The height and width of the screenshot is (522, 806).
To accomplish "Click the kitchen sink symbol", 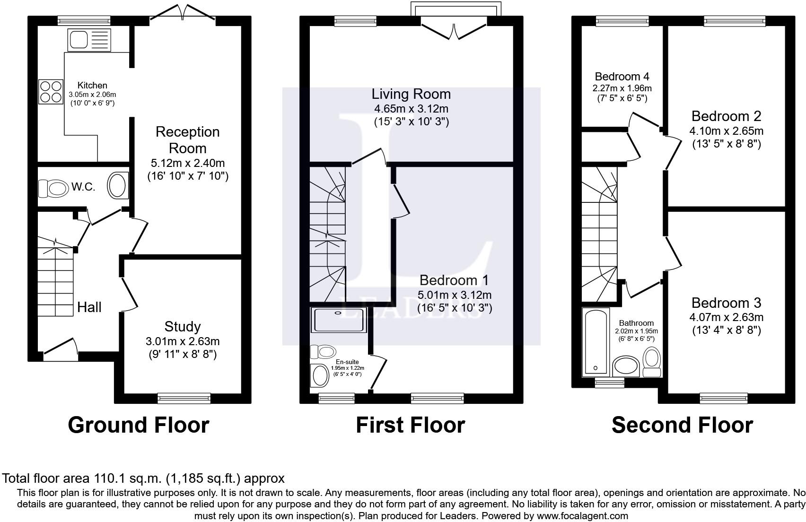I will click(89, 40).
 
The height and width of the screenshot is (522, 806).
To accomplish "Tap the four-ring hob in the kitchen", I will click(51, 92).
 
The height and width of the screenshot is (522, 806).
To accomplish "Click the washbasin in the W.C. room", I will click(118, 185).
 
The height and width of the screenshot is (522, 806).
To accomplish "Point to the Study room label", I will click(183, 326).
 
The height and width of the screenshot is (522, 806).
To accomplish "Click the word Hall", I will click(89, 307).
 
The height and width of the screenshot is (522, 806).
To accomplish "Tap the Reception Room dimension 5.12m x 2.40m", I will click(188, 163).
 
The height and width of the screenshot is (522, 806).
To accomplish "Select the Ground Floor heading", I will click(139, 425).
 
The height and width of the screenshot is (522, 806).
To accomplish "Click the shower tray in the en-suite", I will click(339, 320).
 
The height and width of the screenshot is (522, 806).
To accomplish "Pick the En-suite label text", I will click(347, 362).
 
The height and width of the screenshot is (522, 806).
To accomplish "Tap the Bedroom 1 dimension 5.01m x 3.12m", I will click(455, 295).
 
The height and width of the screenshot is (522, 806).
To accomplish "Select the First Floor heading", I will click(410, 425).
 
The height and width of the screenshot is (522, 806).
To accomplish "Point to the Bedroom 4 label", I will click(622, 77).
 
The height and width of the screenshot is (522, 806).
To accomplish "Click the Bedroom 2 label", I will click(726, 116).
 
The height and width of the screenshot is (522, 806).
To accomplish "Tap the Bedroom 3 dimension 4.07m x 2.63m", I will click(726, 317).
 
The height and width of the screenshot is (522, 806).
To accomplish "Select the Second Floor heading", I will click(682, 425).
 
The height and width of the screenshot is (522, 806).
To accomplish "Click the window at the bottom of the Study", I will click(184, 399).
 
